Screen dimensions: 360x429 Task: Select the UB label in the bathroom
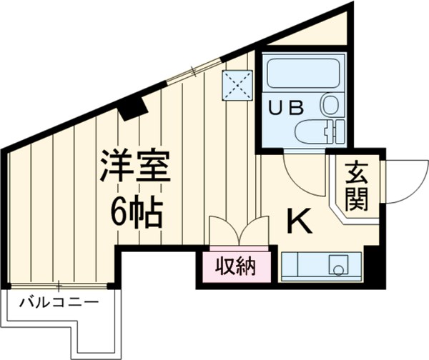tap(285, 108)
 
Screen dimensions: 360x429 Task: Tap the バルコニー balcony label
tap(59, 301)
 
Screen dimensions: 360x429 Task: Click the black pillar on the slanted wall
tap(133, 107)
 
